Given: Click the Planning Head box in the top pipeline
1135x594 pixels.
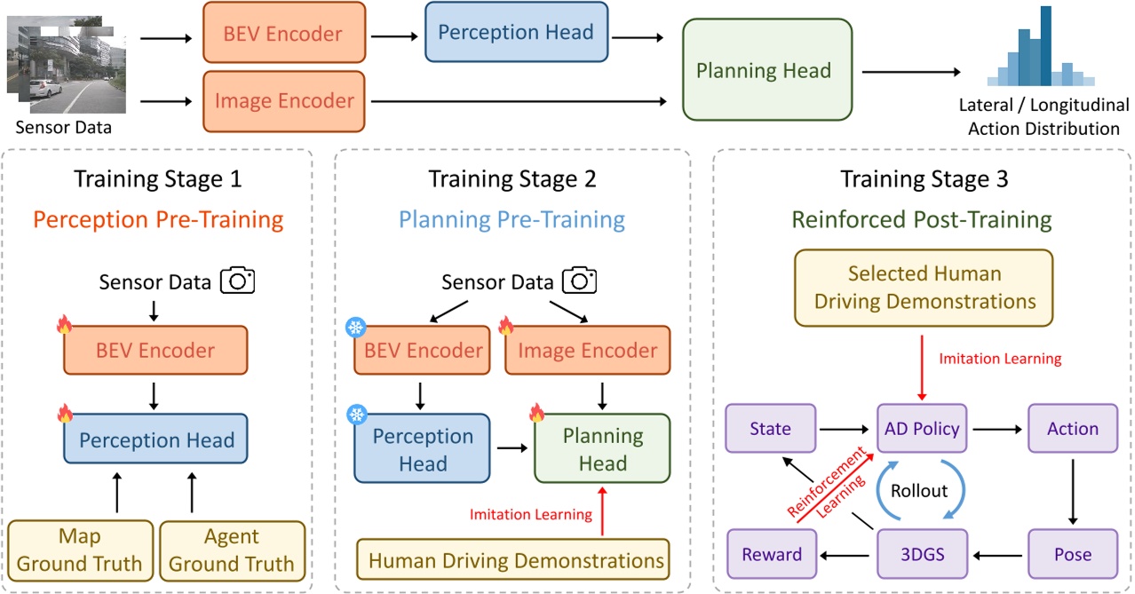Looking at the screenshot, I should click(x=763, y=71).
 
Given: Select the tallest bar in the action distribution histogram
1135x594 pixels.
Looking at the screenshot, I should click(x=1045, y=45).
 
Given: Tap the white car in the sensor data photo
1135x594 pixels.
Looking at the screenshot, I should click(x=44, y=90).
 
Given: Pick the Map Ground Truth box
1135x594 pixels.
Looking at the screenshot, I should click(x=79, y=550).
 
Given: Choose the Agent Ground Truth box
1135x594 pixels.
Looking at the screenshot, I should click(x=231, y=550).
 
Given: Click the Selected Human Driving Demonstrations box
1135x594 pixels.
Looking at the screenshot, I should click(x=924, y=287).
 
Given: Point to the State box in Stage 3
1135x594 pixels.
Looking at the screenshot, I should click(x=770, y=429).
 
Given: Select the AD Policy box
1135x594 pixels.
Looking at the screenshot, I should click(x=922, y=429).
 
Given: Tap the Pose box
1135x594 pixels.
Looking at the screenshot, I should click(x=1073, y=555).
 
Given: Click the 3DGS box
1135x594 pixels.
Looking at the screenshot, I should click(x=922, y=555).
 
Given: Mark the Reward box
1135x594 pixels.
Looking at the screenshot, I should click(x=770, y=555).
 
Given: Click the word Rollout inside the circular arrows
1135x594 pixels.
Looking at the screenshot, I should click(x=919, y=491).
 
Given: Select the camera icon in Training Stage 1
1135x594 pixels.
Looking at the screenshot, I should click(x=235, y=281).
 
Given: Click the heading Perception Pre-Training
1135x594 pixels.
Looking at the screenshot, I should click(x=157, y=219).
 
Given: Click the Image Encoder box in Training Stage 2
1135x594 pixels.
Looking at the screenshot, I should click(x=587, y=350).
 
